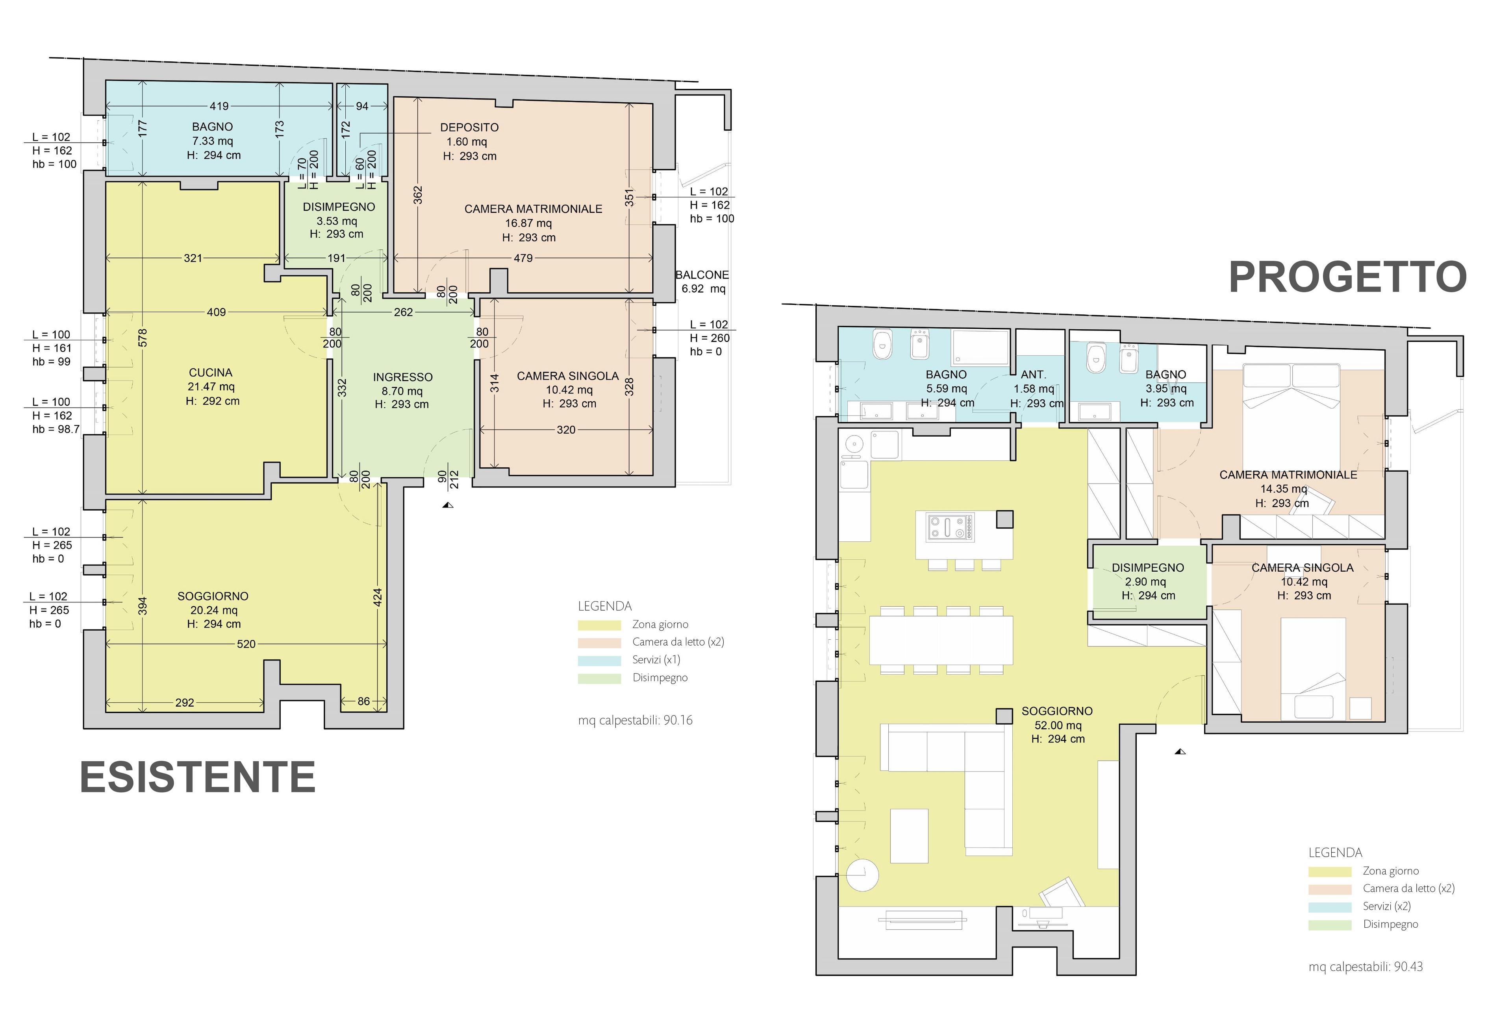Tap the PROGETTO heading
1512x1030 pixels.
1347,277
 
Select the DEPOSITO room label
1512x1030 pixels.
469,127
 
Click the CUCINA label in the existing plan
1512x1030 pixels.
210,373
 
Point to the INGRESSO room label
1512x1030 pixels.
403,377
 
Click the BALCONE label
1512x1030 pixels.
702,275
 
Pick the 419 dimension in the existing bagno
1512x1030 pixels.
219,106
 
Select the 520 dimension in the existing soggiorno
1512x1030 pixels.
246,644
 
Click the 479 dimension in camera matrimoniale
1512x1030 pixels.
523,258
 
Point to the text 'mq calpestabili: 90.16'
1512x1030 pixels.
635,720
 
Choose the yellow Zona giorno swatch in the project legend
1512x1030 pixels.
1330,872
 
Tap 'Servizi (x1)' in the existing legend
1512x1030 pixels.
656,659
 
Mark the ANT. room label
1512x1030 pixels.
1033,375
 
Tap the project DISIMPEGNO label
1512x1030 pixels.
1148,568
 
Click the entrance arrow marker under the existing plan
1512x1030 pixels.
448,505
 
